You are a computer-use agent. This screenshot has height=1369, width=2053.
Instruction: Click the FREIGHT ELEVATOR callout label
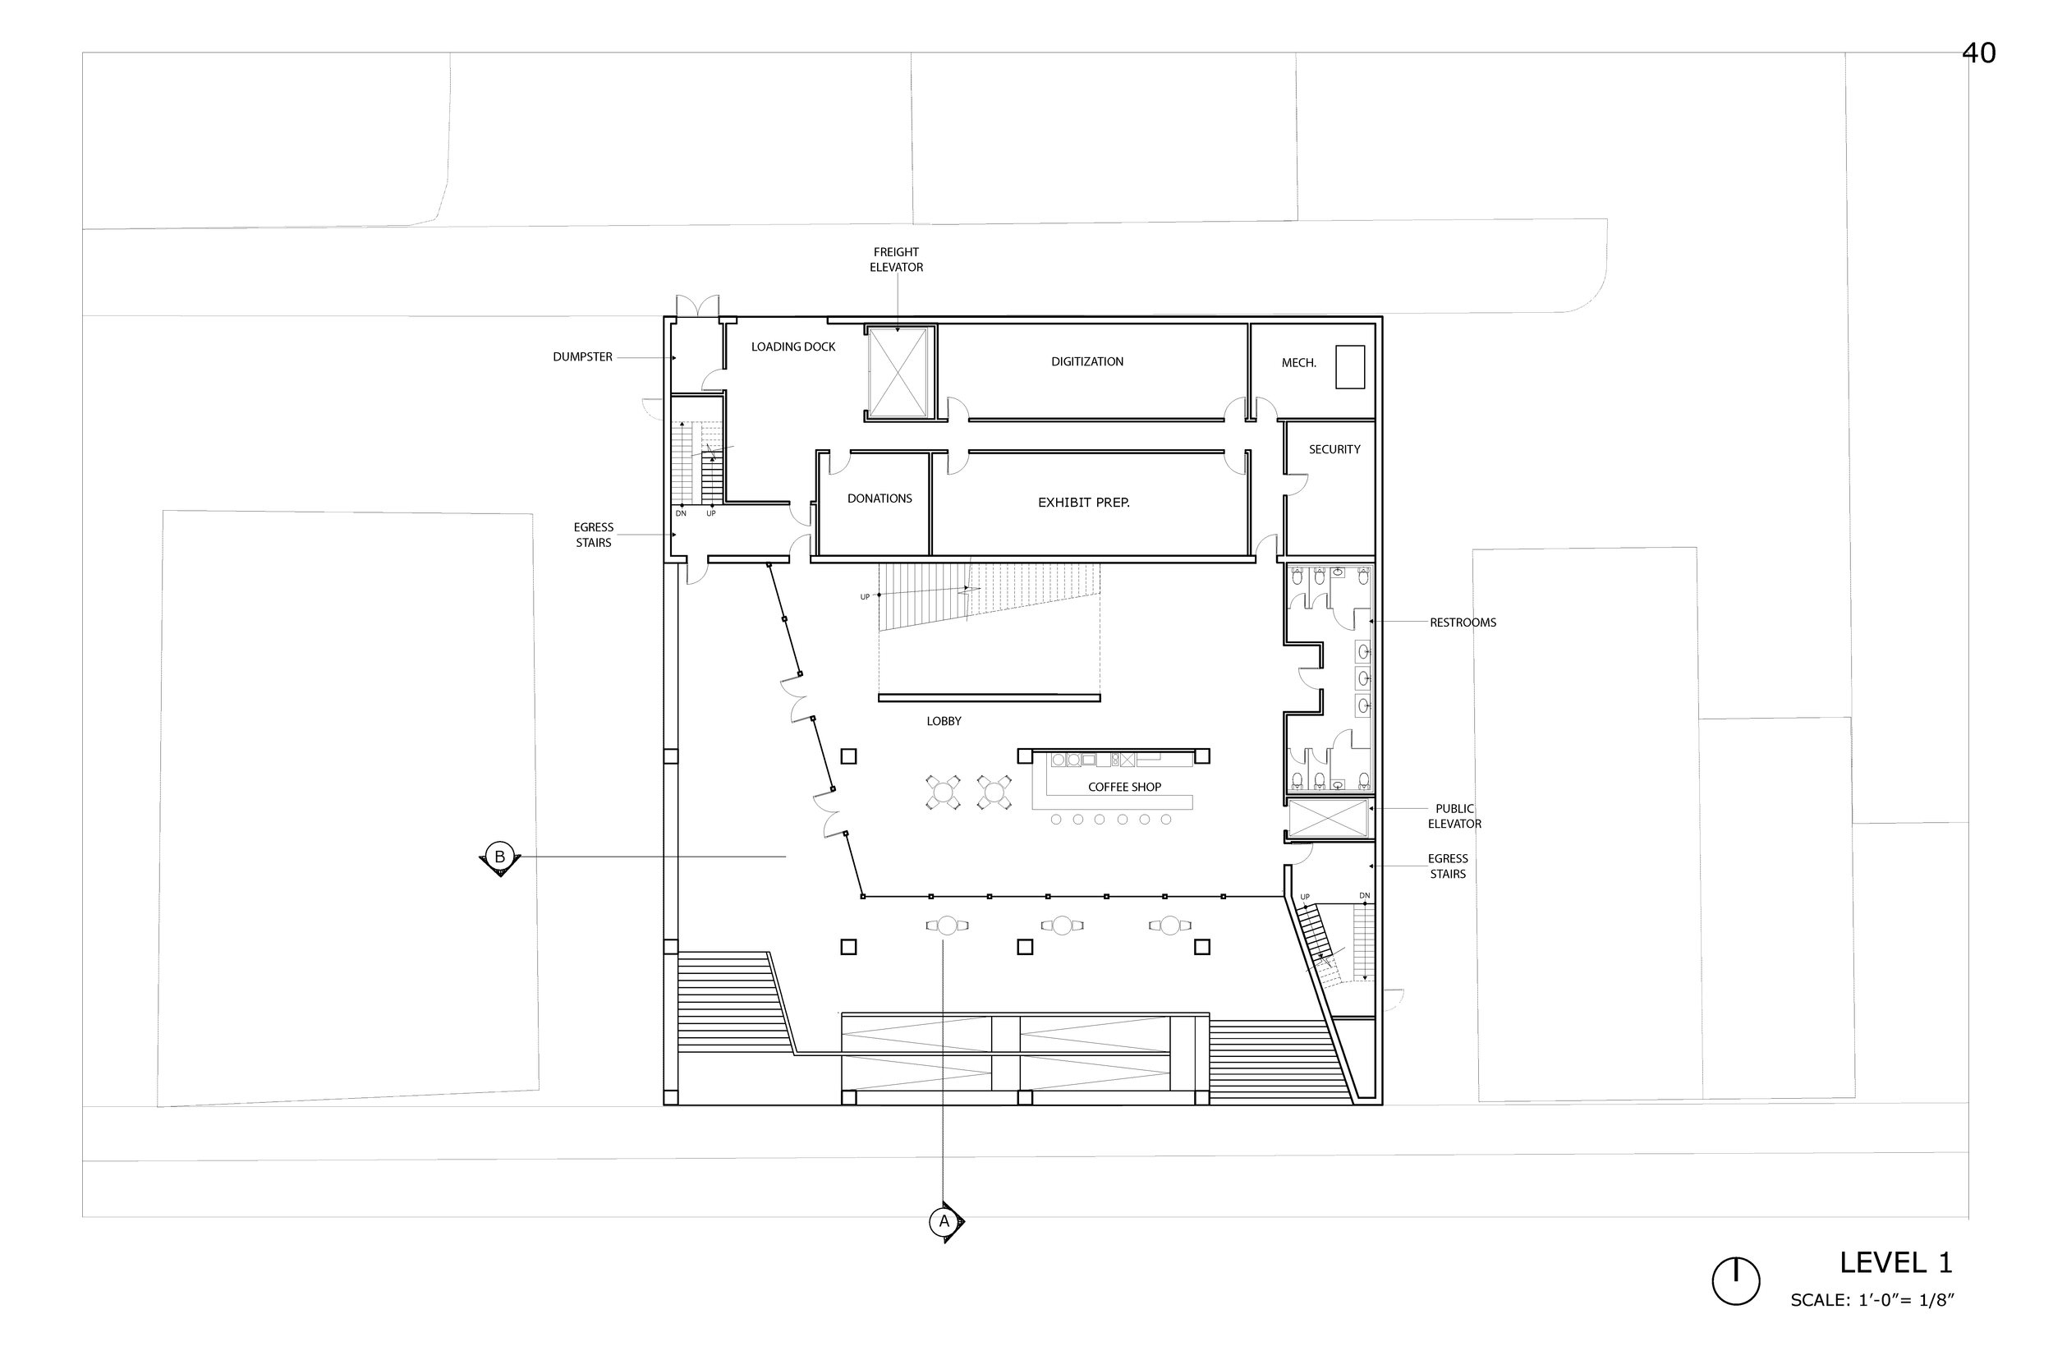pyautogui.click(x=896, y=260)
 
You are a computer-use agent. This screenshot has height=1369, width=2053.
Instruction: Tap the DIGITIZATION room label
pyautogui.click(x=1086, y=361)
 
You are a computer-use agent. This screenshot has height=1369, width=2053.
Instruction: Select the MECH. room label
pyautogui.click(x=1299, y=363)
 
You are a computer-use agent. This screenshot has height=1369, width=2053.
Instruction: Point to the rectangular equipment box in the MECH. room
pyautogui.click(x=1349, y=367)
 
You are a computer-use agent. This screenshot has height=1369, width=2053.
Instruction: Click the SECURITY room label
pyautogui.click(x=1334, y=450)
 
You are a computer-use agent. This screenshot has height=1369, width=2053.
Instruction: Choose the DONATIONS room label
pyautogui.click(x=879, y=498)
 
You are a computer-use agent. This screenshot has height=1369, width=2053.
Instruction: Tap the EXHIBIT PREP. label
pyautogui.click(x=1083, y=503)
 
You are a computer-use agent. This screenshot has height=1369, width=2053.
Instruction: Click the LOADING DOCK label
pyautogui.click(x=792, y=347)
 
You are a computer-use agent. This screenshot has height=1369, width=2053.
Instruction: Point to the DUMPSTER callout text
pyautogui.click(x=582, y=357)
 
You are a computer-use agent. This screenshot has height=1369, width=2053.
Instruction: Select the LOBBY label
pyautogui.click(x=944, y=721)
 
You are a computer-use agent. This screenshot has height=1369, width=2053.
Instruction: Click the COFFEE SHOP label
pyautogui.click(x=1124, y=788)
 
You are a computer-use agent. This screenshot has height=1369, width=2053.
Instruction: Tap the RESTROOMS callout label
pyautogui.click(x=1462, y=622)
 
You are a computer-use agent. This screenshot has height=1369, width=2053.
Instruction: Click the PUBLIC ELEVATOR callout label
pyautogui.click(x=1454, y=816)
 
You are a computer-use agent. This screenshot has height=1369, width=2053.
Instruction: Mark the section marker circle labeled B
pyautogui.click(x=499, y=857)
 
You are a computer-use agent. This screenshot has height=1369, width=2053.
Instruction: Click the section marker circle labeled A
pyautogui.click(x=943, y=1221)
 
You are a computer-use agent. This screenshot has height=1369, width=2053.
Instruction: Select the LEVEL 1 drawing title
pyautogui.click(x=1896, y=1263)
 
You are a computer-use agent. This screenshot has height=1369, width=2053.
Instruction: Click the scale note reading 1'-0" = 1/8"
pyautogui.click(x=1872, y=1300)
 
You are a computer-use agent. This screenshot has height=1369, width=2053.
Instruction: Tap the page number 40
pyautogui.click(x=1979, y=53)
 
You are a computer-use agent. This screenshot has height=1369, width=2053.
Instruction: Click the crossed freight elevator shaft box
pyautogui.click(x=899, y=373)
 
